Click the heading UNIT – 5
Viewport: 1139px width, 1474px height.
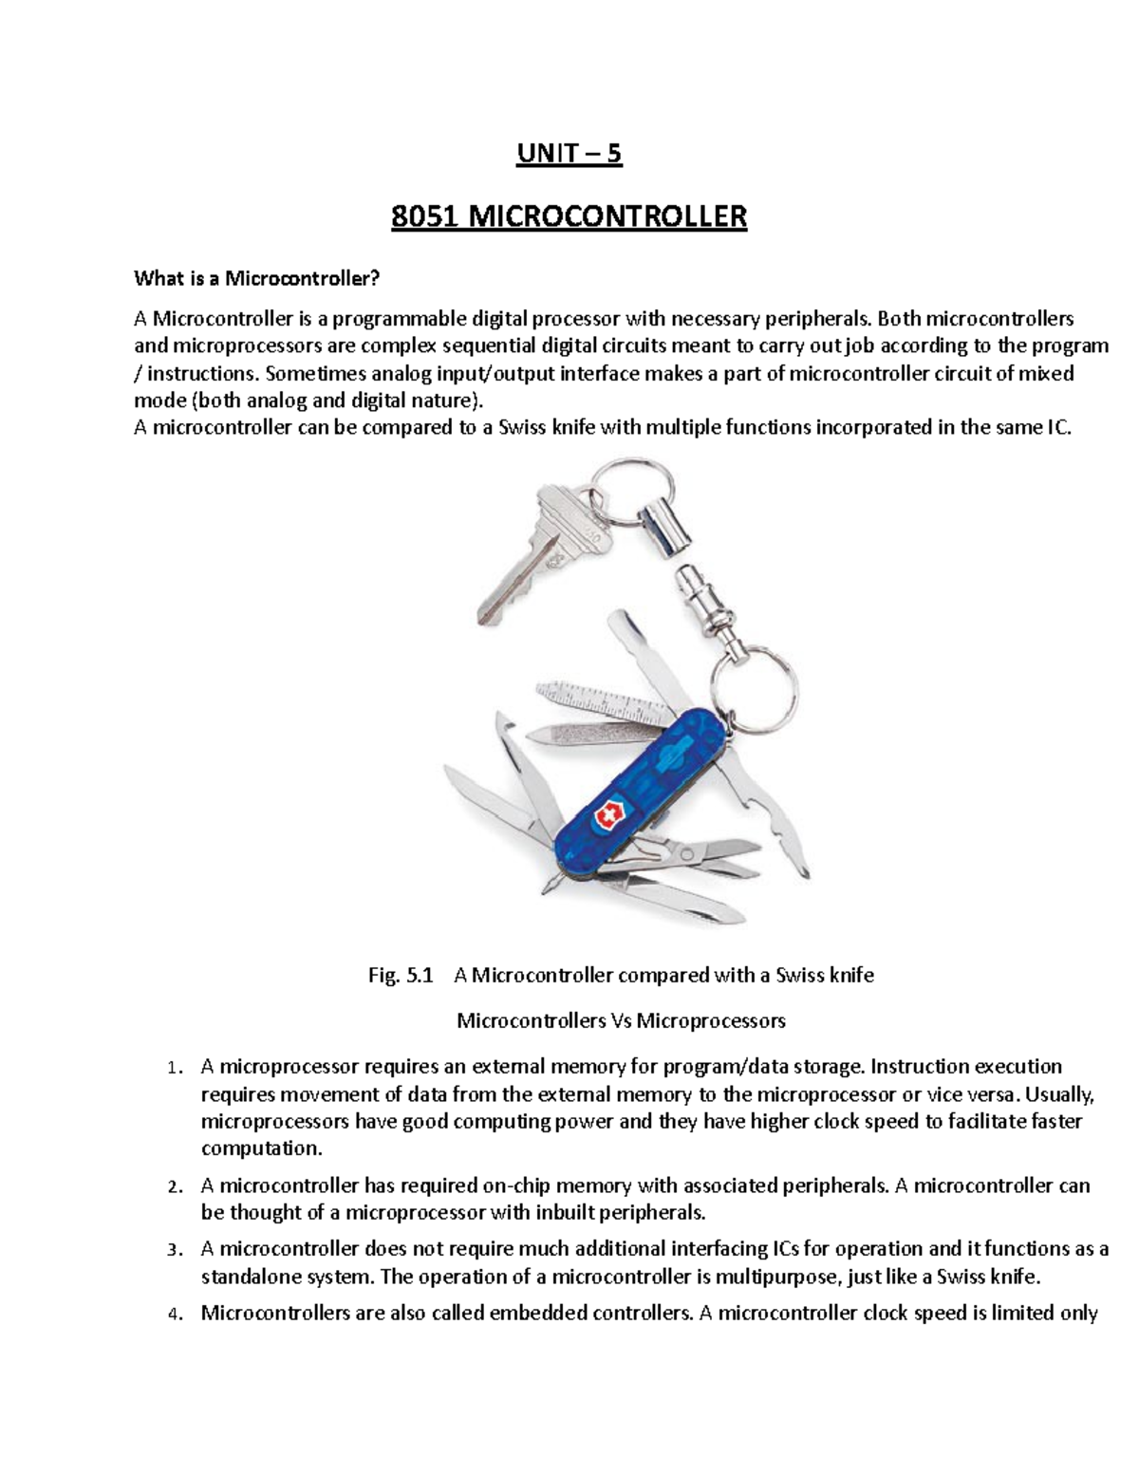(x=569, y=154)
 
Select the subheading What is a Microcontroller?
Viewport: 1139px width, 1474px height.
(x=256, y=278)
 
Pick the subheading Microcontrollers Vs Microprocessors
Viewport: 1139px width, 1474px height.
(x=621, y=1021)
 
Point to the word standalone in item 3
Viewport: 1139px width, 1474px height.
(x=245, y=1277)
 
